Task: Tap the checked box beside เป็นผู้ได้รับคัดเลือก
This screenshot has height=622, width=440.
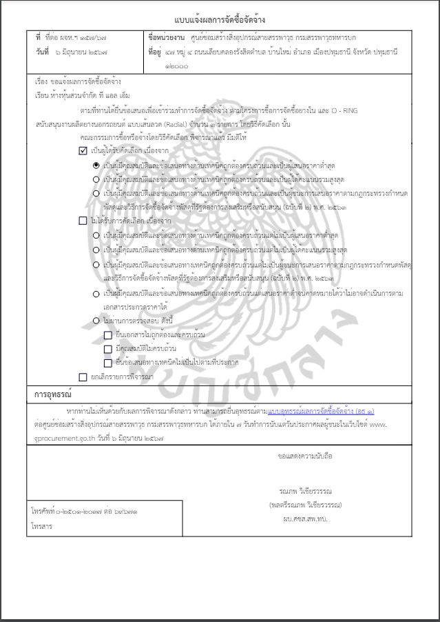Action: click(83, 151)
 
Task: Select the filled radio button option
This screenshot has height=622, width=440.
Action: click(96, 165)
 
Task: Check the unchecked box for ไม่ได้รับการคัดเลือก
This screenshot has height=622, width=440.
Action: click(83, 221)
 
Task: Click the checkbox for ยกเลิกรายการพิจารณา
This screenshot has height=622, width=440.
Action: click(83, 377)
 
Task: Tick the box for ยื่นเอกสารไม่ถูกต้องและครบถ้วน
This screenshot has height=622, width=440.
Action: click(107, 334)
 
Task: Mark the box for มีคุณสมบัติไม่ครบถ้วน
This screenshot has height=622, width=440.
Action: click(107, 349)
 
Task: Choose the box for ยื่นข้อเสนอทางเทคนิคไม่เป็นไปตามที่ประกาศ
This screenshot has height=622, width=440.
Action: click(107, 363)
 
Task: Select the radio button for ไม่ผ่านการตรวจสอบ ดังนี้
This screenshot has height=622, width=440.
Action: click(96, 321)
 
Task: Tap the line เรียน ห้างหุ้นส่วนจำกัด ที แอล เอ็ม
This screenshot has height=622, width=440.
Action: click(82, 94)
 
